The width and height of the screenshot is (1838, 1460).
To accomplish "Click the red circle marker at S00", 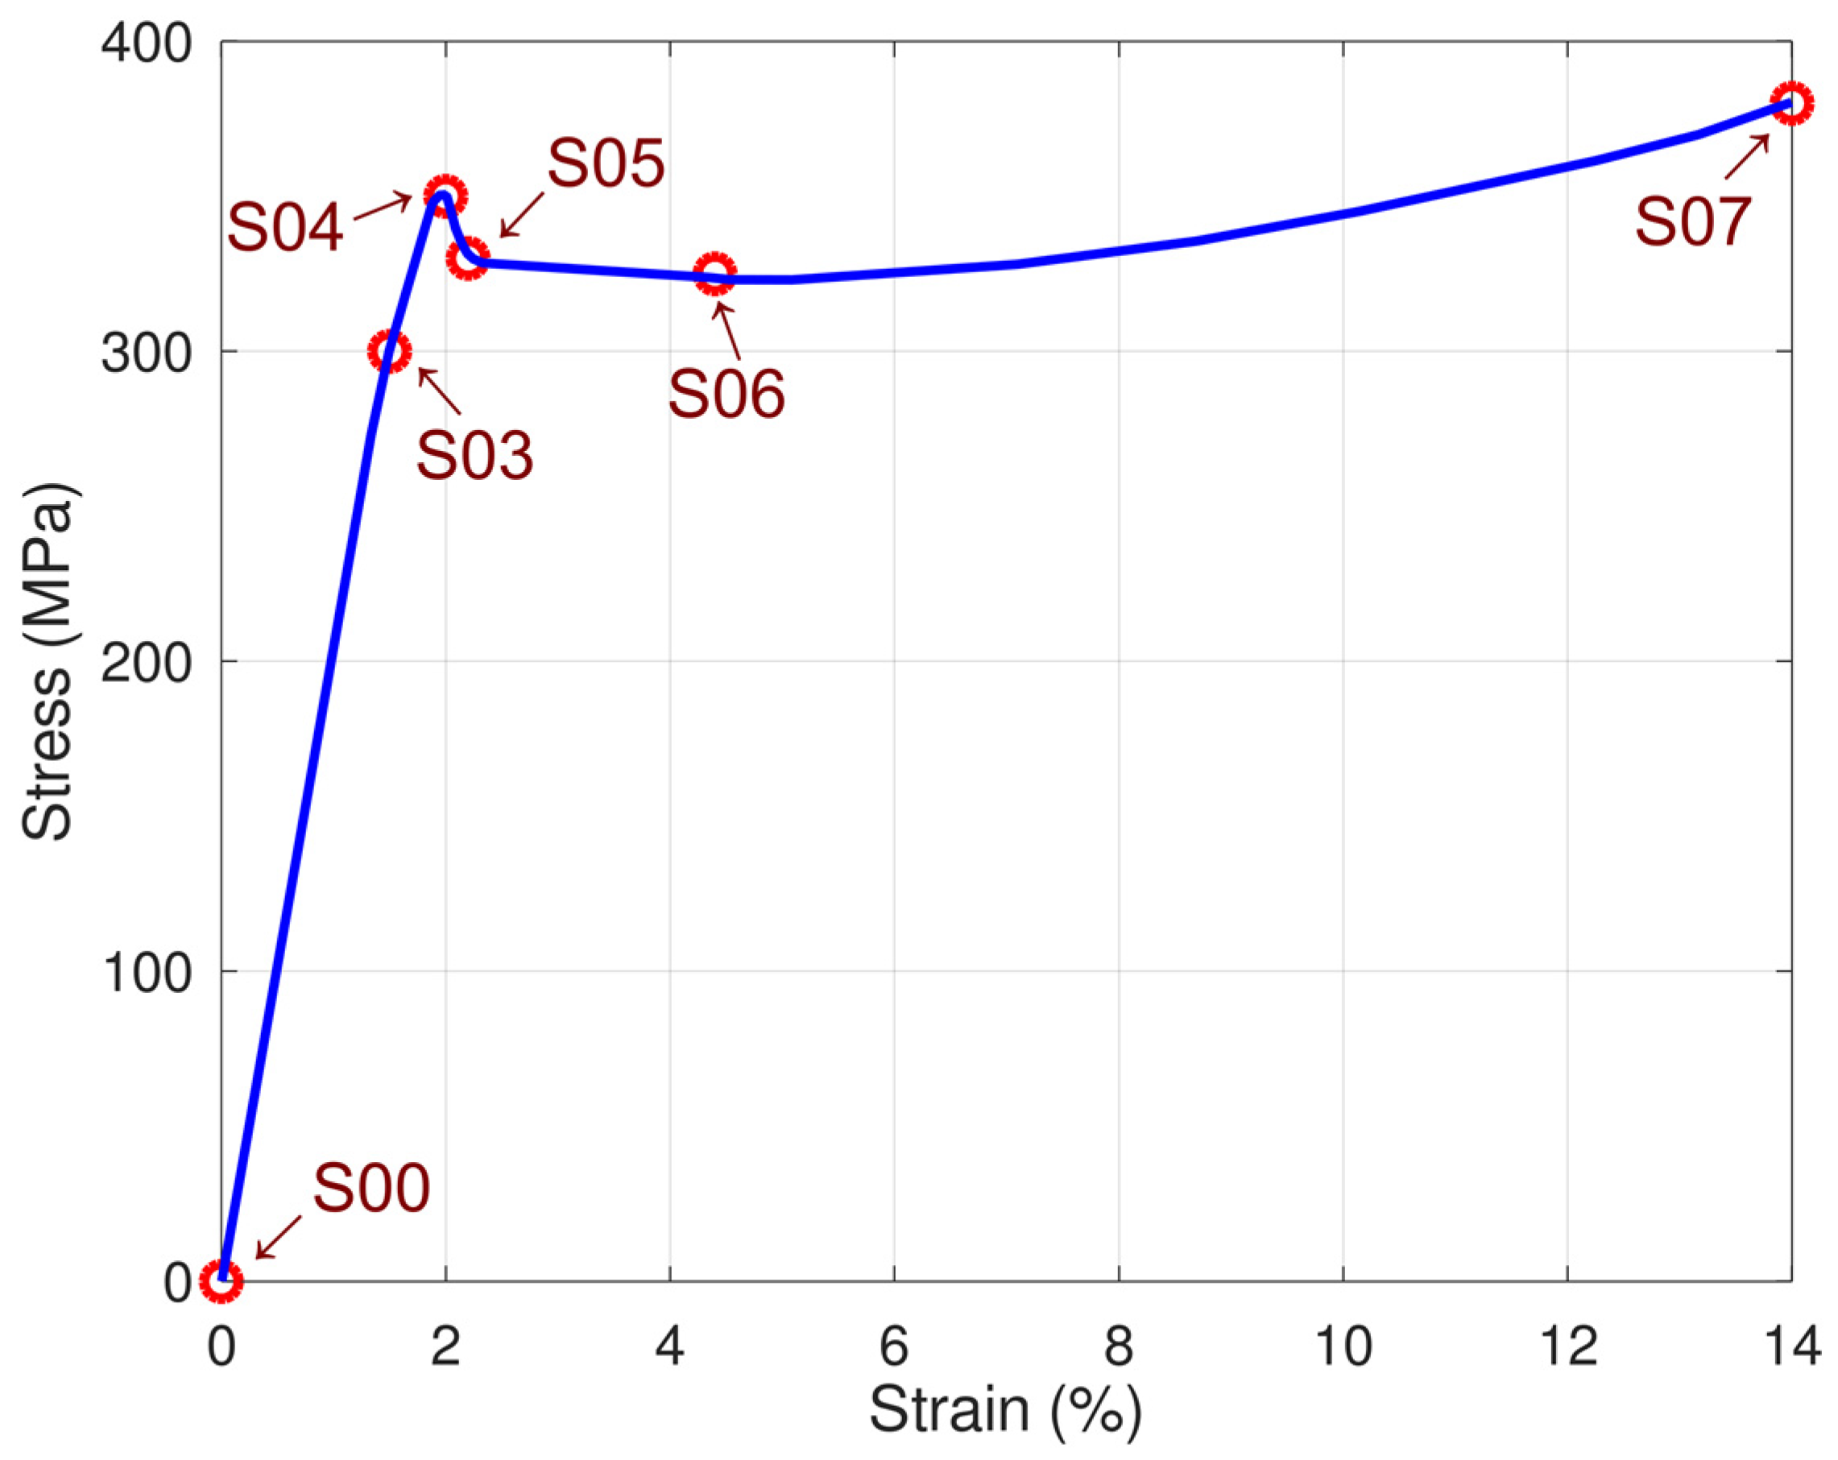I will pyautogui.click(x=221, y=1280).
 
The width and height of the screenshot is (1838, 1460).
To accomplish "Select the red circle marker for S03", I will pyautogui.click(x=390, y=351).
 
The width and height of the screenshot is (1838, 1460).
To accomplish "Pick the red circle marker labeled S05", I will pyautogui.click(x=467, y=258).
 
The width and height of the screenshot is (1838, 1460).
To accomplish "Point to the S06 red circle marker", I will pyautogui.click(x=714, y=274).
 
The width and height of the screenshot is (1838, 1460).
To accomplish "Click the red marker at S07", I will pyautogui.click(x=1791, y=104).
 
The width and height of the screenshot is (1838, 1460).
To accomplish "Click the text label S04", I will pyautogui.click(x=285, y=229).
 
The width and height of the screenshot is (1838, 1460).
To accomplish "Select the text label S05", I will pyautogui.click(x=605, y=163).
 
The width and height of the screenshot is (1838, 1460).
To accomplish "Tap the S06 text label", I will pyautogui.click(x=726, y=395).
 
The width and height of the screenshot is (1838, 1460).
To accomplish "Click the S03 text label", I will pyautogui.click(x=474, y=455).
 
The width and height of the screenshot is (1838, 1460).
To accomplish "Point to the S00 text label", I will pyautogui.click(x=370, y=1189).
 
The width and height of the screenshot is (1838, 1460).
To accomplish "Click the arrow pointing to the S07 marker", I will pyautogui.click(x=1747, y=157).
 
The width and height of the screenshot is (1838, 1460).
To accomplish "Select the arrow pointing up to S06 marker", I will pyautogui.click(x=727, y=332).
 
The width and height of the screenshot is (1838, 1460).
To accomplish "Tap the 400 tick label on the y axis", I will pyautogui.click(x=146, y=43).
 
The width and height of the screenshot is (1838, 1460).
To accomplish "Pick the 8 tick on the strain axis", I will pyautogui.click(x=1119, y=1347).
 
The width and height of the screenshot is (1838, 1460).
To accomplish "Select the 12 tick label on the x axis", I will pyautogui.click(x=1567, y=1347).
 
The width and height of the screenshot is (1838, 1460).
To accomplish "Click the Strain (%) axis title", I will pyautogui.click(x=1005, y=1411).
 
